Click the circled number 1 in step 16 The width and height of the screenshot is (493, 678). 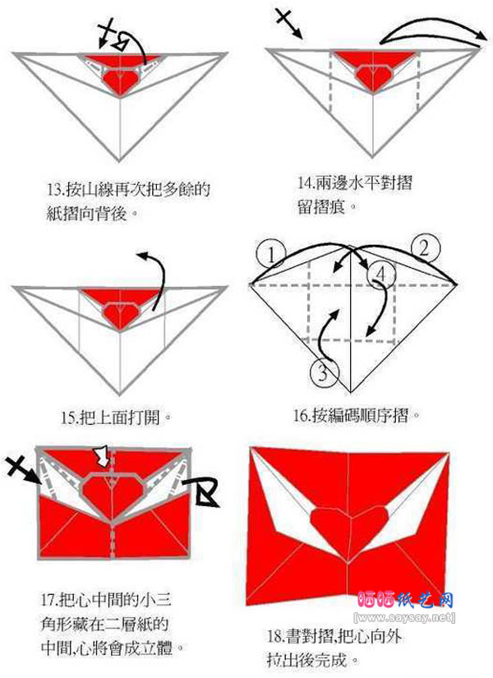pyautogui.click(x=270, y=252)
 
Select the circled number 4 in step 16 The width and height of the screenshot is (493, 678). pyautogui.click(x=378, y=272)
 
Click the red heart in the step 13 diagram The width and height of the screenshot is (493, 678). pyautogui.click(x=122, y=76)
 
